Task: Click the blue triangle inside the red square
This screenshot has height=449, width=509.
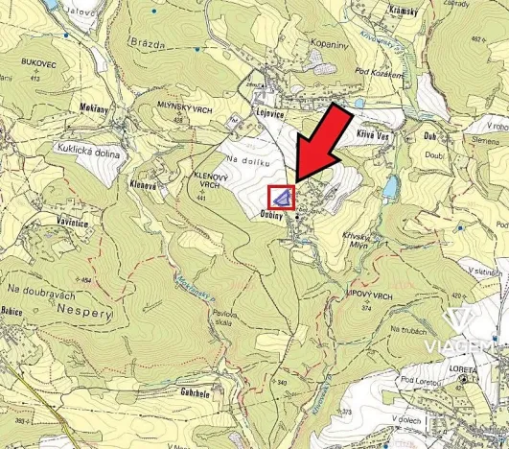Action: (x=281, y=198)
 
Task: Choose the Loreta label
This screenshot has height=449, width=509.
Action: (x=463, y=366)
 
